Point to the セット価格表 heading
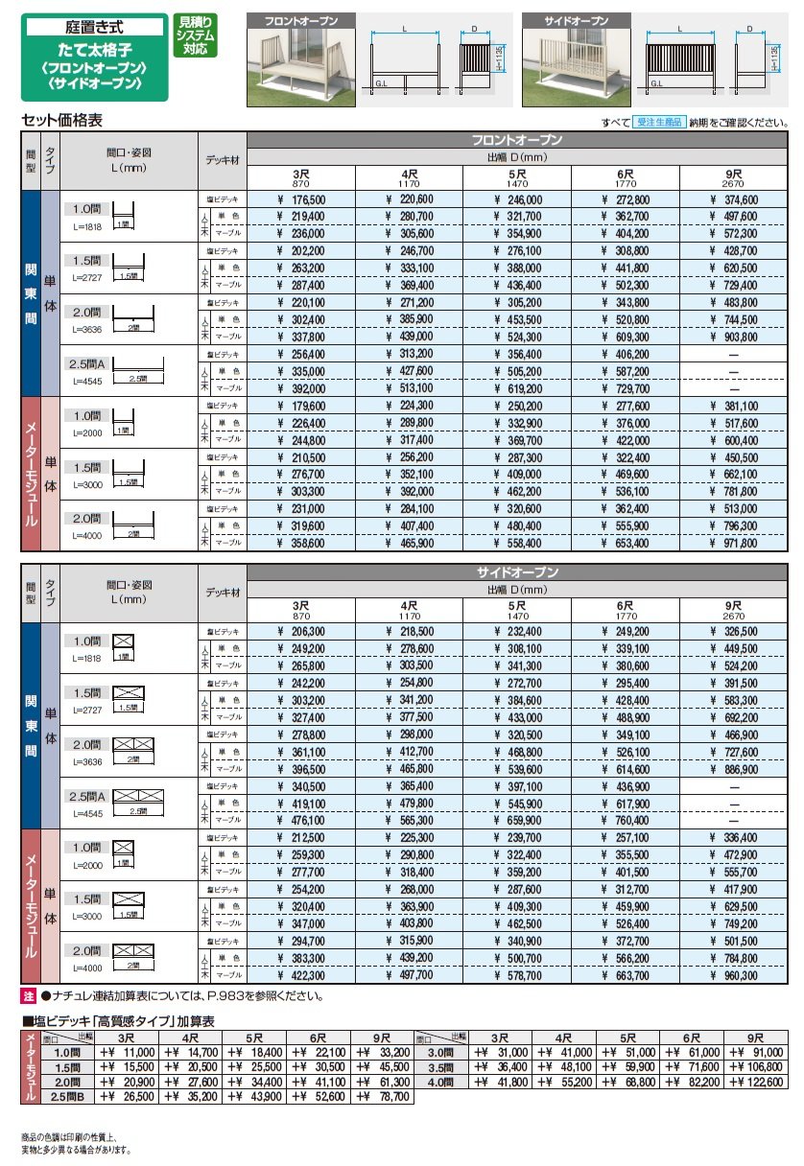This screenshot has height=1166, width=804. [61, 122]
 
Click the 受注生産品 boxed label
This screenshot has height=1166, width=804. [657, 123]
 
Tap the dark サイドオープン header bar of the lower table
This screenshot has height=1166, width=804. [519, 572]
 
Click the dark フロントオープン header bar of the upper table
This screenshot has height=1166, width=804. [519, 140]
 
